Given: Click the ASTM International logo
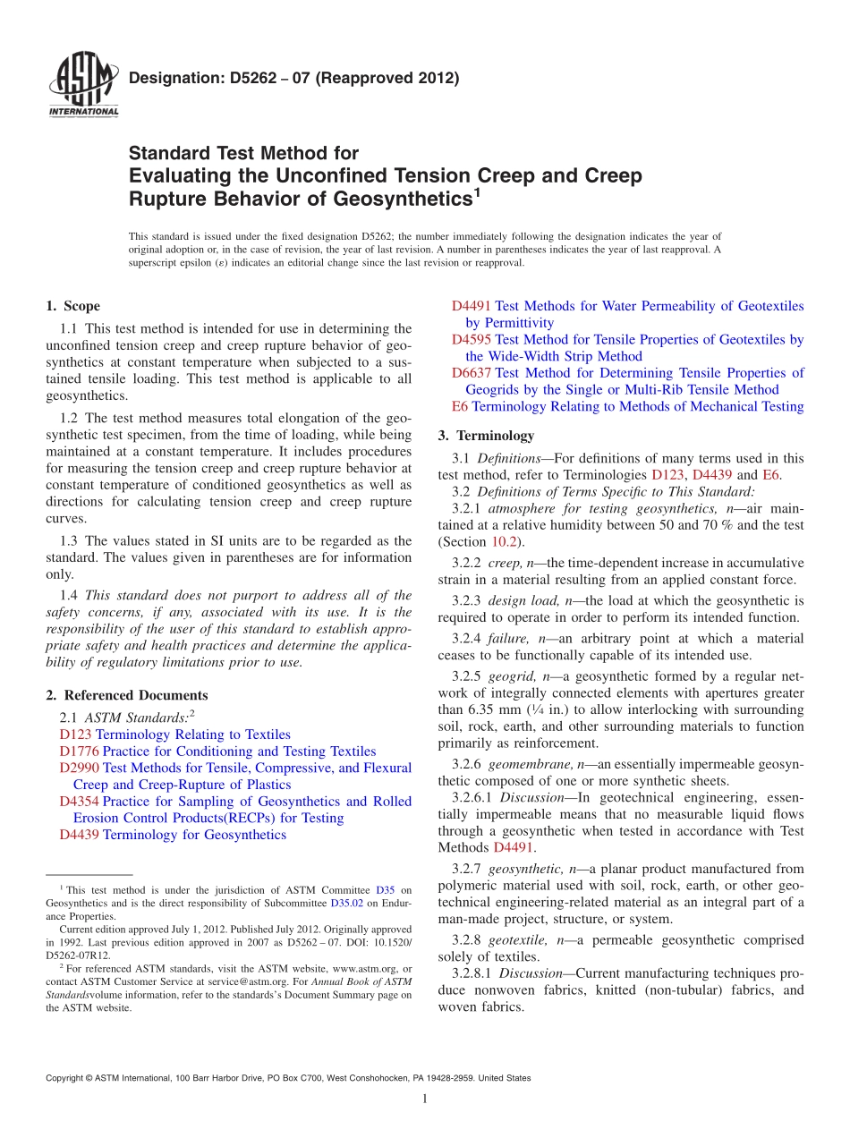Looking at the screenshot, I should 82,86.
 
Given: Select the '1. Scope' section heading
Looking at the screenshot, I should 72,306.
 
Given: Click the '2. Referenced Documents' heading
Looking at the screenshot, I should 126,695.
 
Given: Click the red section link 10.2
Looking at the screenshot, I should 502,542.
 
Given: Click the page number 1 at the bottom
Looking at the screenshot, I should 425,1100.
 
